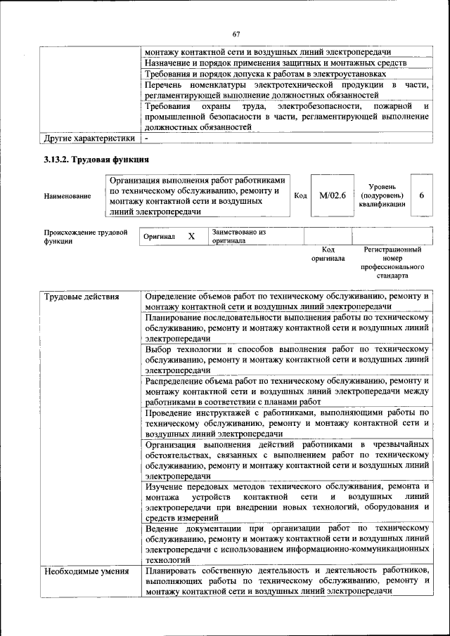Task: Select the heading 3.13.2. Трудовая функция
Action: [96, 161]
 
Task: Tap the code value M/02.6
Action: [333, 195]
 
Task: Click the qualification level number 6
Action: [421, 195]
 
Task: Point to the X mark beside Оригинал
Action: [191, 237]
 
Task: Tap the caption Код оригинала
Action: [328, 254]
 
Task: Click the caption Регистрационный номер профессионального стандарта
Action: [392, 263]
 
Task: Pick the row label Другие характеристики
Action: [89, 138]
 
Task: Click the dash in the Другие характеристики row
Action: [147, 138]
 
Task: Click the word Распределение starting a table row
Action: [177, 381]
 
